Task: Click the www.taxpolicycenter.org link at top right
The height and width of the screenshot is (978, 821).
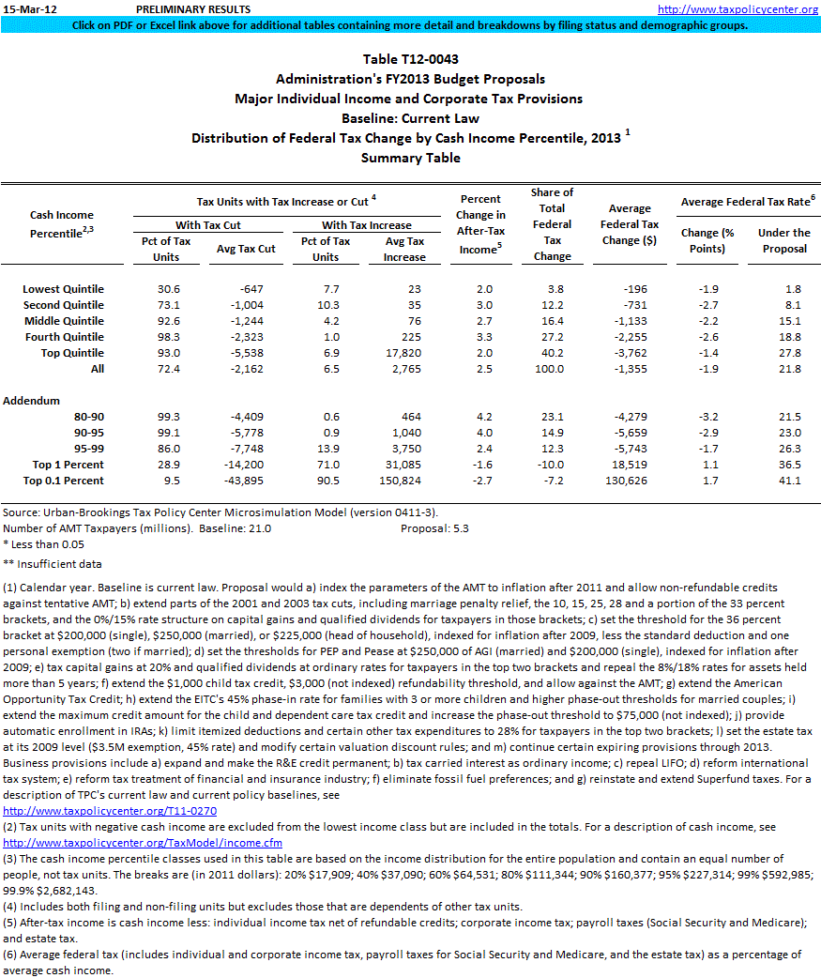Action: (737, 9)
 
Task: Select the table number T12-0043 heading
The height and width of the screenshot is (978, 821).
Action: (410, 59)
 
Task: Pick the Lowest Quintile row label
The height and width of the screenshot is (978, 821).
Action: (63, 289)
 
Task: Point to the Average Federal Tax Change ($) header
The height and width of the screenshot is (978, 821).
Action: (630, 224)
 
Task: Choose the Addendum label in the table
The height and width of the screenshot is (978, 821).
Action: (31, 401)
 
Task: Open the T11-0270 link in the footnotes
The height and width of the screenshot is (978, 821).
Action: (110, 809)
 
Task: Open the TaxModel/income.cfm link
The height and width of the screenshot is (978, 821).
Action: (143, 842)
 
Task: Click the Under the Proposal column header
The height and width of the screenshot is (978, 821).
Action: (784, 240)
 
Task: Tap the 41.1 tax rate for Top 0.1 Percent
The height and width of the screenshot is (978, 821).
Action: (790, 481)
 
